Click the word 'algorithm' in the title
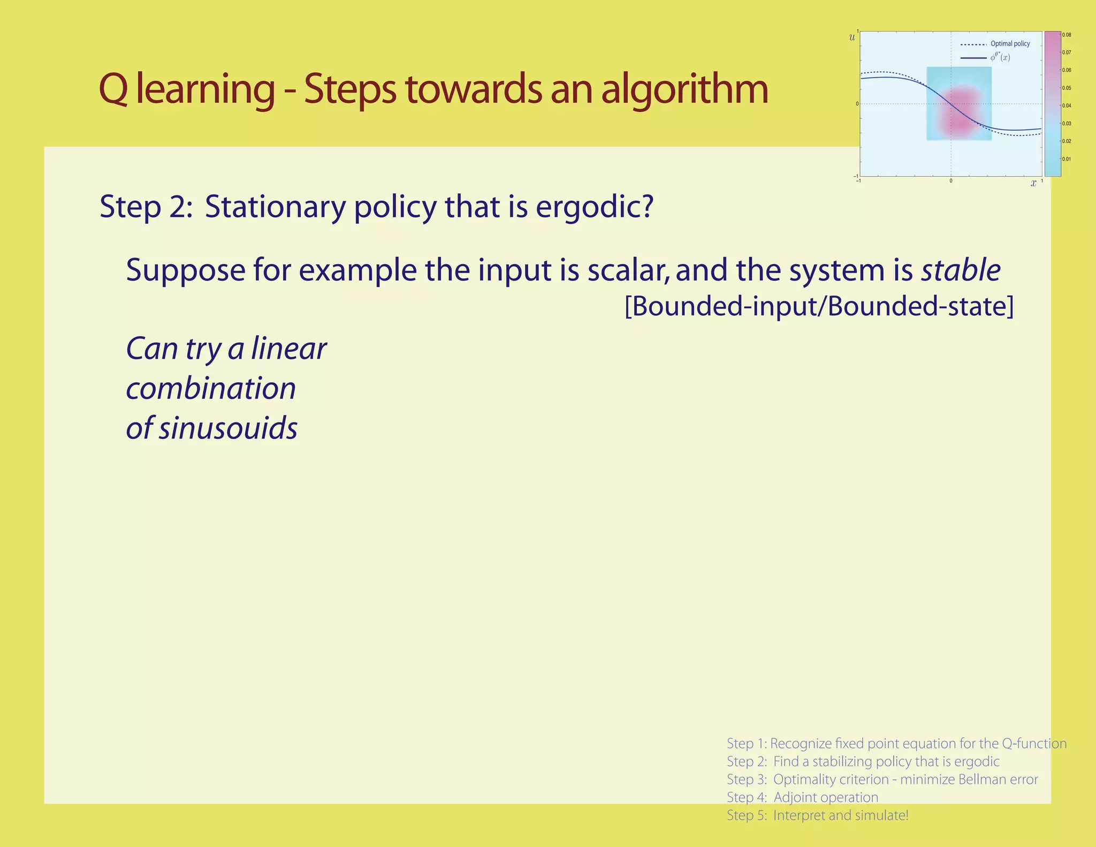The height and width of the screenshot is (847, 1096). click(x=684, y=89)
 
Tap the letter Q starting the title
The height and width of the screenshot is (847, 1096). click(x=113, y=89)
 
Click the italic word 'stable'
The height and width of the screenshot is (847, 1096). click(x=961, y=270)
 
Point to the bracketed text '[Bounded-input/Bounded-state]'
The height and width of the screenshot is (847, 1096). click(x=819, y=307)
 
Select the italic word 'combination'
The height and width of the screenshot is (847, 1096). click(x=211, y=389)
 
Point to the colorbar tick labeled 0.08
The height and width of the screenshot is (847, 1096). click(x=1067, y=35)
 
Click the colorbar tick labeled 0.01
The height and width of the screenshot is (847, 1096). click(x=1067, y=159)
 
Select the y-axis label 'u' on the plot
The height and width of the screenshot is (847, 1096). click(x=852, y=38)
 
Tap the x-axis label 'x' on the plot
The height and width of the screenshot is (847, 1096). click(x=1033, y=184)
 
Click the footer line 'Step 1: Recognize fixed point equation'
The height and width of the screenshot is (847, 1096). click(x=896, y=744)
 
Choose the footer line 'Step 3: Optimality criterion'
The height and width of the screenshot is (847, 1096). click(x=882, y=780)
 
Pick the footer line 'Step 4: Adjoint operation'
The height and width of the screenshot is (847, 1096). click(x=802, y=797)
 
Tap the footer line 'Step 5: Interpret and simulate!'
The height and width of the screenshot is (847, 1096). click(x=817, y=815)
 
